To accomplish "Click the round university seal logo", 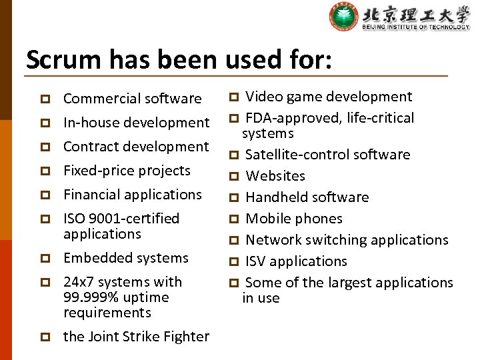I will (343, 17).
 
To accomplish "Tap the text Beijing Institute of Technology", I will (415, 27).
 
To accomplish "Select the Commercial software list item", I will (132, 99).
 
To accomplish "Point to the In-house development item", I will (136, 123).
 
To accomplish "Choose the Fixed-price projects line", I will (127, 171).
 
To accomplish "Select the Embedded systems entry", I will (126, 258).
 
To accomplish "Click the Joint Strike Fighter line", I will (136, 337).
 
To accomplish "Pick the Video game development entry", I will (329, 97).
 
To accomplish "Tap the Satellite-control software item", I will (327, 155).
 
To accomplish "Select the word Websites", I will (275, 176).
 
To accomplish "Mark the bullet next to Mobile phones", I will (234, 219).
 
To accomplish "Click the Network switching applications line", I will (347, 240).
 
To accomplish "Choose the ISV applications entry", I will (296, 261).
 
